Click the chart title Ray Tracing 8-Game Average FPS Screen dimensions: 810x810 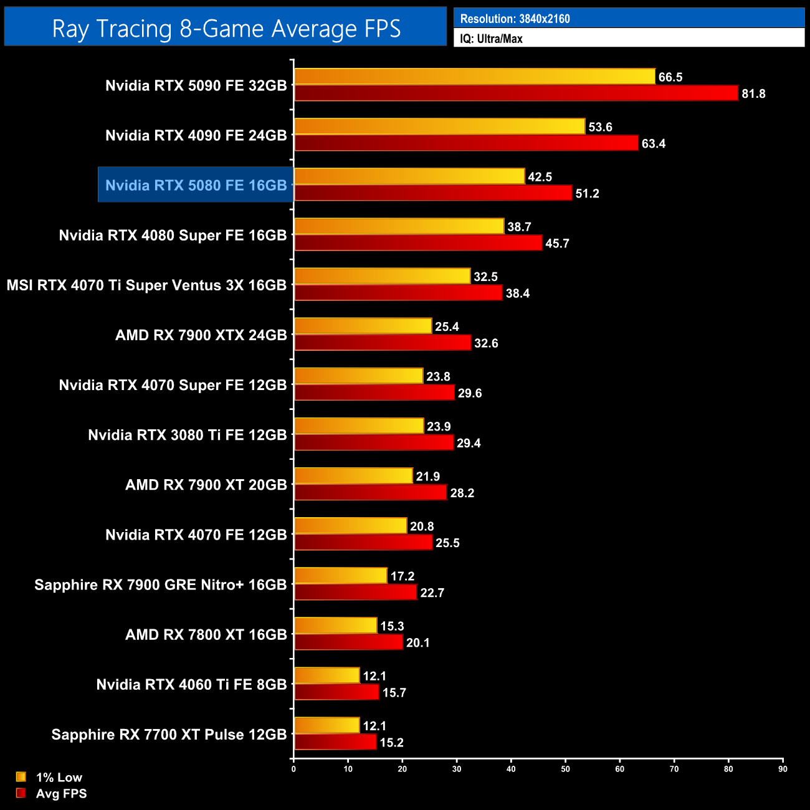pyautogui.click(x=226, y=29)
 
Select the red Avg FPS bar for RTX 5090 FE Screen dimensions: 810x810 pyautogui.click(x=516, y=93)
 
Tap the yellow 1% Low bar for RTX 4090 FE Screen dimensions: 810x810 pyautogui.click(x=439, y=126)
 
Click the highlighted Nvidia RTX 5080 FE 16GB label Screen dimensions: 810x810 pyautogui.click(x=196, y=185)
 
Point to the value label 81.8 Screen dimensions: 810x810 pyautogui.click(x=753, y=94)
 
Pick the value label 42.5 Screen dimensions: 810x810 pyautogui.click(x=540, y=177)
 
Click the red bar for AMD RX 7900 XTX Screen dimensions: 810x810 pyautogui.click(x=382, y=343)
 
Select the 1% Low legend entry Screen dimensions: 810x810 pyautogui.click(x=59, y=777)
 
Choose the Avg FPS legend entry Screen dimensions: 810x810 pyautogui.click(x=61, y=794)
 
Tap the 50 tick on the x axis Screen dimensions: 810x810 pyautogui.click(x=565, y=769)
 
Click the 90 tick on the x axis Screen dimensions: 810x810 pyautogui.click(x=783, y=769)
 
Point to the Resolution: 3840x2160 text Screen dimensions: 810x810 pyautogui.click(x=515, y=19)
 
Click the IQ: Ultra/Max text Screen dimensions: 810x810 pyautogui.click(x=491, y=39)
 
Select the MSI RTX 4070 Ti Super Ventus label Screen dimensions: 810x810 pyautogui.click(x=146, y=285)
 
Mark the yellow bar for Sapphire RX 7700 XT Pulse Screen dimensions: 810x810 pyautogui.click(x=326, y=725)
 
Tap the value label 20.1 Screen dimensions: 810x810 pyautogui.click(x=417, y=643)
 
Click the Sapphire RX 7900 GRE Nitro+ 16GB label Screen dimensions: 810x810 pyautogui.click(x=160, y=584)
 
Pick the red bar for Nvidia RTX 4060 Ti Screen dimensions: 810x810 pyautogui.click(x=336, y=692)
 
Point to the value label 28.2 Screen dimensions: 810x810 pyautogui.click(x=462, y=493)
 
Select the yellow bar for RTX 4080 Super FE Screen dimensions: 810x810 pyautogui.click(x=399, y=226)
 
